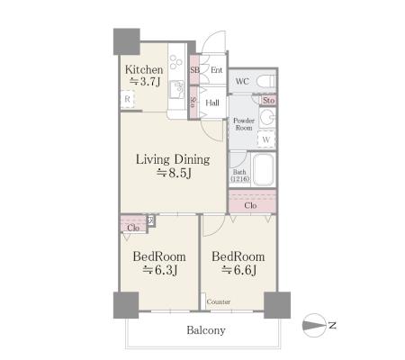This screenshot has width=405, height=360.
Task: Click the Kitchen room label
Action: pyautogui.click(x=144, y=69)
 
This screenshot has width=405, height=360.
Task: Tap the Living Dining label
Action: pyautogui.click(x=173, y=159)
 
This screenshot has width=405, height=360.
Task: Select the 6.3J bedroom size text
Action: pyautogui.click(x=160, y=270)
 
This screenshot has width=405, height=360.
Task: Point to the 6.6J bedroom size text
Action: pyautogui.click(x=239, y=270)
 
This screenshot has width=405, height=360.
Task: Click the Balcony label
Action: pyautogui.click(x=206, y=330)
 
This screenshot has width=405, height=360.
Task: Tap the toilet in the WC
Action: pyautogui.click(x=266, y=81)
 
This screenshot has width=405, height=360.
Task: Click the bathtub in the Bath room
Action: pyautogui.click(x=264, y=169)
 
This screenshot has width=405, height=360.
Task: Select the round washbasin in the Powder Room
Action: pyautogui.click(x=266, y=117)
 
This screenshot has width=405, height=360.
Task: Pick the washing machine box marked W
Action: pyautogui.click(x=266, y=139)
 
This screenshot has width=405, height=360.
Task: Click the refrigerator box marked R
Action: pyautogui.click(x=127, y=99)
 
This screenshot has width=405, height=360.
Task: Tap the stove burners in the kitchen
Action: pyautogui.click(x=175, y=61)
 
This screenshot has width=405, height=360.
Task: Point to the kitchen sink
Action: pyautogui.click(x=177, y=89)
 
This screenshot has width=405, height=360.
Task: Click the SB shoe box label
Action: pyautogui.click(x=194, y=70)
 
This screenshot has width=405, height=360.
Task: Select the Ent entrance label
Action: pyautogui.click(x=217, y=70)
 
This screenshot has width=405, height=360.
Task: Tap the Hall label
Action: pyautogui.click(x=212, y=103)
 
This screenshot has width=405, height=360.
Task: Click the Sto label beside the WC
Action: pyautogui.click(x=268, y=100)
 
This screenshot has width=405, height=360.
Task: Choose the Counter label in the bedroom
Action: pyautogui.click(x=219, y=301)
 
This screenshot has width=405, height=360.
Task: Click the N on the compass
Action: pyautogui.click(x=332, y=325)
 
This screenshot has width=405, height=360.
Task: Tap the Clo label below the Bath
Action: pyautogui.click(x=250, y=205)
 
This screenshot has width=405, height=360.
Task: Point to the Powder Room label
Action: pyautogui.click(x=244, y=124)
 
